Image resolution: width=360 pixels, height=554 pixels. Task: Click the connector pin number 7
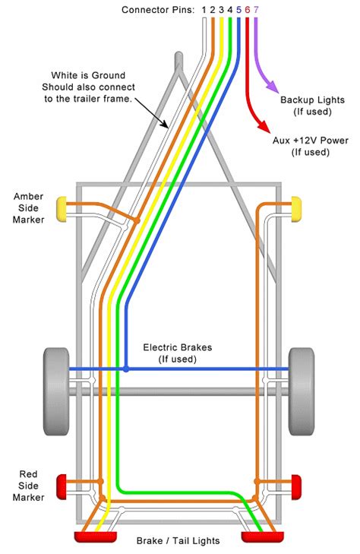tap(255, 10)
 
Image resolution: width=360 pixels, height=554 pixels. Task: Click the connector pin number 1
tap(203, 10)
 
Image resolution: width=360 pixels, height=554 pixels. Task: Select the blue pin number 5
tap(238, 10)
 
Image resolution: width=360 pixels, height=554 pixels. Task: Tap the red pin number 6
tap(247, 10)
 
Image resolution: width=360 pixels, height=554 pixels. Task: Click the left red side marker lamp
tap(63, 483)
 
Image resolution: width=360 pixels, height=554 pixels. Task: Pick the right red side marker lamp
tap(296, 483)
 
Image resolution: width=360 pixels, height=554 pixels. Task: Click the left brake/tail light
tap(93, 537)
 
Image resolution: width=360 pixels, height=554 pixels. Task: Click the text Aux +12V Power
tap(311, 141)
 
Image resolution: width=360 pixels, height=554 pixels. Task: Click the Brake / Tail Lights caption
tap(178, 541)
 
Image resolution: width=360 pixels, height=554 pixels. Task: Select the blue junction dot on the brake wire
tap(126, 369)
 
